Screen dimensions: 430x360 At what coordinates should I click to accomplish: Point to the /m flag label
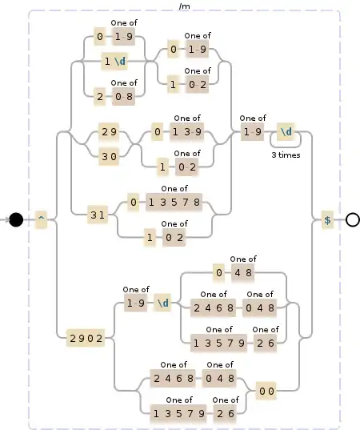185,6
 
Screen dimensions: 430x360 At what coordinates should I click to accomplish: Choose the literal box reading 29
109,131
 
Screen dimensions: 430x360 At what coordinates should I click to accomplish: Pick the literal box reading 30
109,158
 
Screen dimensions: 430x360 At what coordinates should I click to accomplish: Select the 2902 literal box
86,339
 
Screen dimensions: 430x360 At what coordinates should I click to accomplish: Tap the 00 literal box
266,392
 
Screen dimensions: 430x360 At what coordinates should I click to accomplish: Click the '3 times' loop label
286,155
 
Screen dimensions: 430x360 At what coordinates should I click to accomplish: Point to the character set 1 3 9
186,131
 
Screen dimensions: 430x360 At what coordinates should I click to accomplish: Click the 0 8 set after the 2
123,96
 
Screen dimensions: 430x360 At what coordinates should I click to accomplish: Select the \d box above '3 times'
286,131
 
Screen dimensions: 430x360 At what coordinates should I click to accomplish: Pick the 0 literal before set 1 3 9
157,131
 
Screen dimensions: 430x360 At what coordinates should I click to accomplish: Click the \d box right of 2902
162,303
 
